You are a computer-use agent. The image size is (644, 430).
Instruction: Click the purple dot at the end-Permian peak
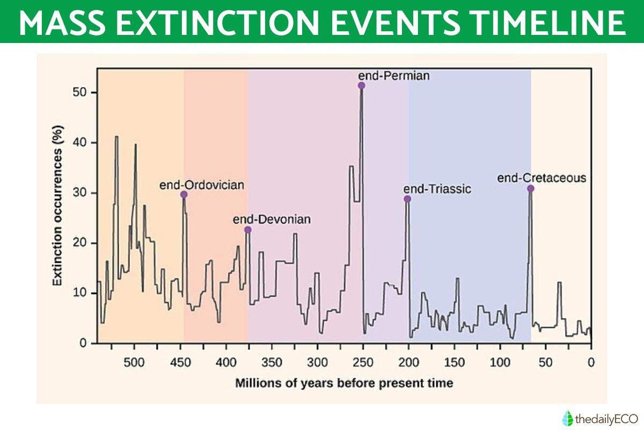[361, 85]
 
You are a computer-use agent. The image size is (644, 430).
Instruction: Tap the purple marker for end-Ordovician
[184, 195]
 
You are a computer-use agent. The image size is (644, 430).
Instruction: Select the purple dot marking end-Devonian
[247, 230]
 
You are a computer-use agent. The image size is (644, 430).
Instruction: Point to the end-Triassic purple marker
[407, 199]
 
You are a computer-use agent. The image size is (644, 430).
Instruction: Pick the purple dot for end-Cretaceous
[530, 189]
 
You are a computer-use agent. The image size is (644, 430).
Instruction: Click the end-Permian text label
[394, 76]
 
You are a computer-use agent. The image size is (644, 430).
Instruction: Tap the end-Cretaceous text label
[541, 177]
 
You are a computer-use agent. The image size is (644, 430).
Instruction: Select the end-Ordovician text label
[202, 185]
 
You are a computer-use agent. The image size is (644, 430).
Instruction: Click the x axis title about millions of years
[343, 383]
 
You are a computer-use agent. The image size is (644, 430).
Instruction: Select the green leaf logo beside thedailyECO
[567, 418]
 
